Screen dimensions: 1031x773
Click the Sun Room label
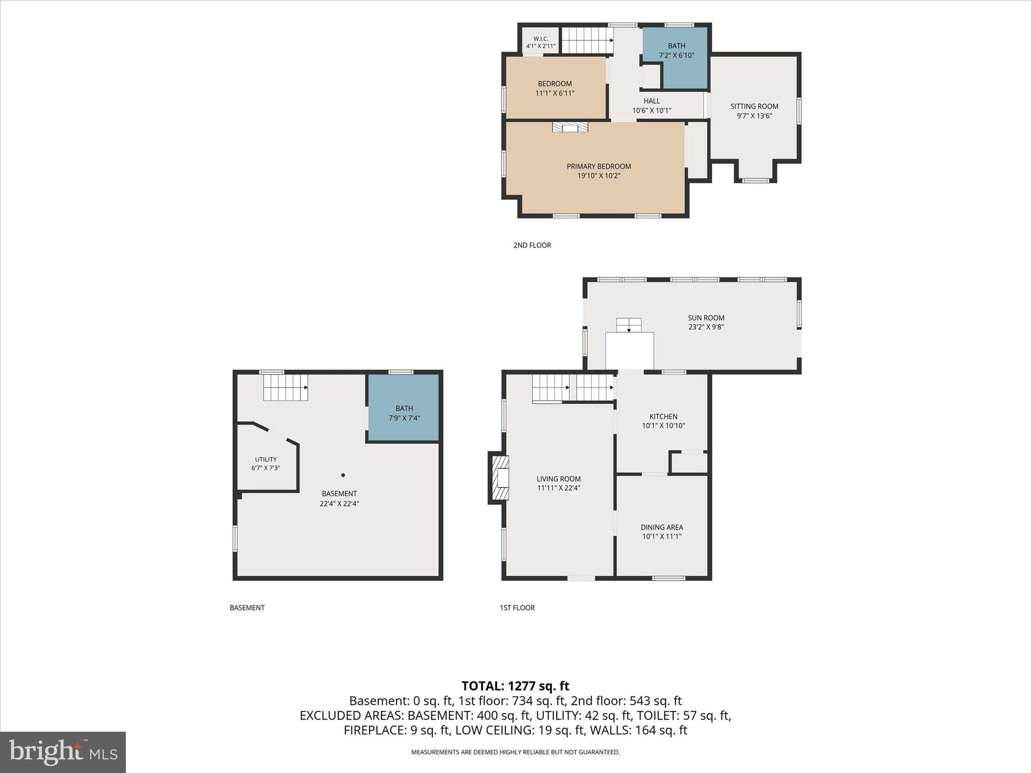706,318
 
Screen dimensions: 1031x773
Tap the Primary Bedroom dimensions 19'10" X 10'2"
599,176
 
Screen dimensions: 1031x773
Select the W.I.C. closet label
541,39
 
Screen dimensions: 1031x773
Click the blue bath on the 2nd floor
676,58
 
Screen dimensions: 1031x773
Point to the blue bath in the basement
404,408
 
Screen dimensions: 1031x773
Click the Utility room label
265,459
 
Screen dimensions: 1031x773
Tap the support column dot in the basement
343,475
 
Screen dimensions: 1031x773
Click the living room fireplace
499,478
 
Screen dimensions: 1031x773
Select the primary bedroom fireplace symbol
570,127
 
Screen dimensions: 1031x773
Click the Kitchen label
663,416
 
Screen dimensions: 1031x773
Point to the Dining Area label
661,527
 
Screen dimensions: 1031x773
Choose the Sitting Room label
754,106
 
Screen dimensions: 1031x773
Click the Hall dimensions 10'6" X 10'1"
651,111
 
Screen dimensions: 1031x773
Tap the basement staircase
285,388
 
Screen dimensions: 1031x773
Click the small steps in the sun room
629,325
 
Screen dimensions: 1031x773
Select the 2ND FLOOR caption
532,245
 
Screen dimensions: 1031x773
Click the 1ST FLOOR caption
517,607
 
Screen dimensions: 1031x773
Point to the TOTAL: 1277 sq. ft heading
515,686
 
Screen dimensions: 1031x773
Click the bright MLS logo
63,752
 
